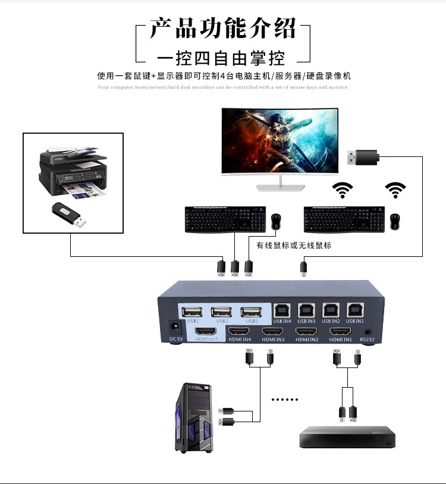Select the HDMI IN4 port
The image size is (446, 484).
coord(240,331)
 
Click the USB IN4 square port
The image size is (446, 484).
coord(281,310)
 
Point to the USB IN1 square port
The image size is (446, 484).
coord(355,310)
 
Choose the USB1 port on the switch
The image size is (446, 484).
coord(193,311)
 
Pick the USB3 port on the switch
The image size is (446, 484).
coord(250,311)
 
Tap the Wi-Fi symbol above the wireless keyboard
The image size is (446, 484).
coord(342,191)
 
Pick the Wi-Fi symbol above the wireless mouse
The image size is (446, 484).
coord(395,191)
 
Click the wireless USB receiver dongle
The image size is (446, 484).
coord(363,156)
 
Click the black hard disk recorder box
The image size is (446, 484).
coord(347,436)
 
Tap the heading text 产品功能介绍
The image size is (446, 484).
coord(222,29)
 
